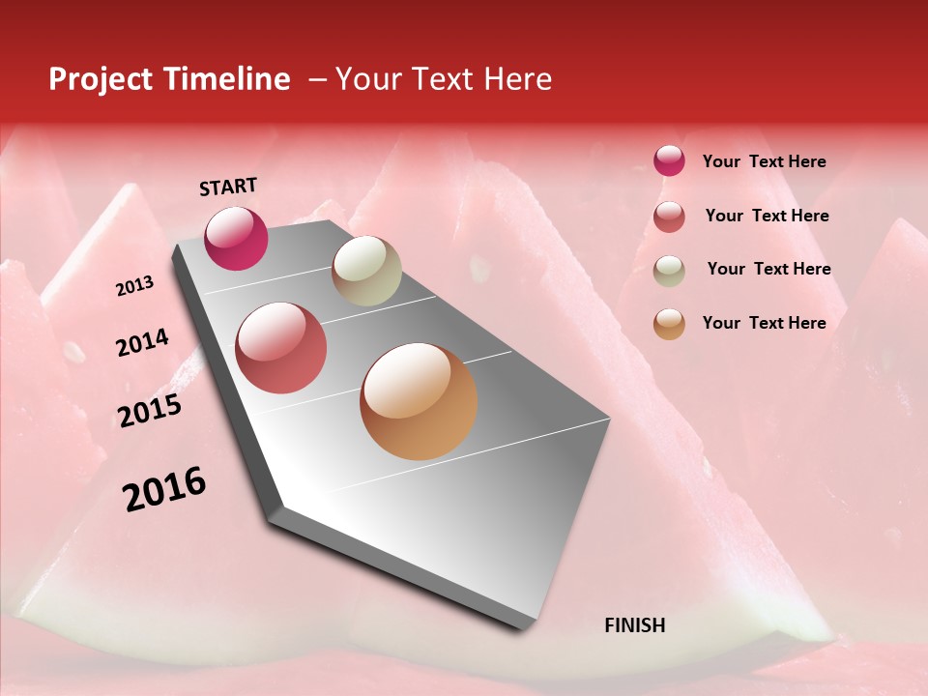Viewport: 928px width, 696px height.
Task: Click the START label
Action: click(228, 187)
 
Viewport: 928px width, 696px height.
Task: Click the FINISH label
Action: click(634, 625)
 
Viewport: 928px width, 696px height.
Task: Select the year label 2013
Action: click(134, 286)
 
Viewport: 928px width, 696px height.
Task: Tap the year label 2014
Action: click(142, 342)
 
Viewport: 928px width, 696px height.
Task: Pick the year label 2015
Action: click(150, 411)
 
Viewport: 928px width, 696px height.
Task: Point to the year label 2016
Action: click(164, 489)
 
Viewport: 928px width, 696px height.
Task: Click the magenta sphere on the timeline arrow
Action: click(236, 238)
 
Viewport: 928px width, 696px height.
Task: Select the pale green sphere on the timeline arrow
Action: click(366, 271)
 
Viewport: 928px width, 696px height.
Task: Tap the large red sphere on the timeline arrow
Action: click(281, 347)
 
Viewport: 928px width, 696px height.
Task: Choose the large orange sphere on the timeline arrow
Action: click(419, 401)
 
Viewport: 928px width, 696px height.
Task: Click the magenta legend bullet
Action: click(669, 161)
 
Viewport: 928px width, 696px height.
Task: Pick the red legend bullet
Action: click(669, 217)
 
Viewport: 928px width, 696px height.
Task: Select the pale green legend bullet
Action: click(669, 271)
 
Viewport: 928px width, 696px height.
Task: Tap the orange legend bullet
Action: click(669, 324)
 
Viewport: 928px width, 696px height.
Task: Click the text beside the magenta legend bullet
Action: click(764, 162)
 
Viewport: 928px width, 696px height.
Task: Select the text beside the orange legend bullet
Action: click(764, 323)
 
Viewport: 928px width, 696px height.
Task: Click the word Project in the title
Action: click(102, 79)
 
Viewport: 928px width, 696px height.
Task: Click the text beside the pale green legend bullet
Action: click(768, 269)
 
